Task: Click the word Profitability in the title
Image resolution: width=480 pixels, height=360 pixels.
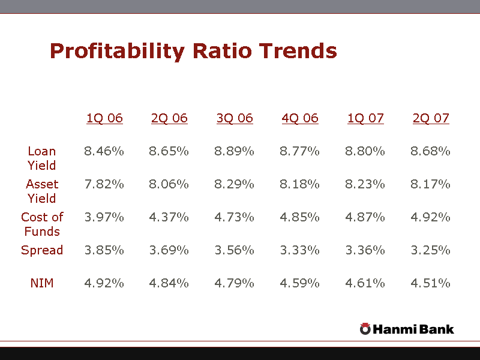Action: (118, 51)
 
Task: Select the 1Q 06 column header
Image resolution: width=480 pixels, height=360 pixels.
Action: (104, 118)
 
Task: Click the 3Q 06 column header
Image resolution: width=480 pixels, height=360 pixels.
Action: (235, 118)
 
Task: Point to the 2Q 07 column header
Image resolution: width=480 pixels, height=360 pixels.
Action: (431, 118)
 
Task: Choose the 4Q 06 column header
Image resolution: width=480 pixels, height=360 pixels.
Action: (300, 118)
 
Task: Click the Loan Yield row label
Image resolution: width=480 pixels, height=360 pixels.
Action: (42, 158)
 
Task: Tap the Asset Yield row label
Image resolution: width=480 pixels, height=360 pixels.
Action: (42, 191)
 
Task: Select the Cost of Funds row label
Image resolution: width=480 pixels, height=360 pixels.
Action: (42, 224)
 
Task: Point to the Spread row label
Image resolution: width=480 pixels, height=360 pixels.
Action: (42, 250)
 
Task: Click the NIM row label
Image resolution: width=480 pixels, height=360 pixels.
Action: (42, 283)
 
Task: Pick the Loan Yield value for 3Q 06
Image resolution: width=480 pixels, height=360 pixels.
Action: (234, 151)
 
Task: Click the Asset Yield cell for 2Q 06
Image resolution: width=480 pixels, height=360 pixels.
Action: (169, 184)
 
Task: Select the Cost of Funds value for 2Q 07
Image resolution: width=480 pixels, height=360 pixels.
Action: (430, 217)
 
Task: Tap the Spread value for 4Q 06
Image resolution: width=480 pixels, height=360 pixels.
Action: (299, 250)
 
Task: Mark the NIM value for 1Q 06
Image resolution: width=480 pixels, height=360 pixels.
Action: (104, 283)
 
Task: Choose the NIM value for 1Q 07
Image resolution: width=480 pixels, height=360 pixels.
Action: (365, 283)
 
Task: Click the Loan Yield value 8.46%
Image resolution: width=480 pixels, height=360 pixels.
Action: (104, 151)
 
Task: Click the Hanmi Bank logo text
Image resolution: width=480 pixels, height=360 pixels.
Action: (413, 329)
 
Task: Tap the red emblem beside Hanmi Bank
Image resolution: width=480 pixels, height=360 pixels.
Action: (365, 328)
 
